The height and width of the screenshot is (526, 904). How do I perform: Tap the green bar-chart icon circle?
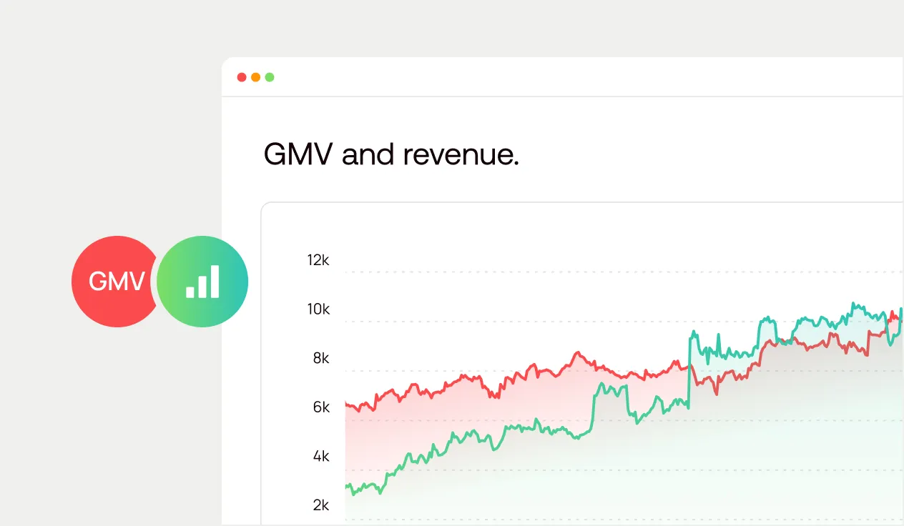tap(202, 282)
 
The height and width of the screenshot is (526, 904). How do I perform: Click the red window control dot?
tap(242, 77)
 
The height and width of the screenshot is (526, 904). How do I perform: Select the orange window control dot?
tap(255, 77)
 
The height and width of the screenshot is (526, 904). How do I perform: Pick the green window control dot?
tap(270, 77)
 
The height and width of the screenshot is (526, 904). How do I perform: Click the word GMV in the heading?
tap(299, 154)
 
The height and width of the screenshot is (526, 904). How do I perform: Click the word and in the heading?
tap(368, 154)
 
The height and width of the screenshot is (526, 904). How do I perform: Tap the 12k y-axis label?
tap(318, 260)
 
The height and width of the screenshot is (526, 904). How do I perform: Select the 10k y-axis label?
tap(318, 309)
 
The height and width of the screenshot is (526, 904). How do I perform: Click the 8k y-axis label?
tap(321, 358)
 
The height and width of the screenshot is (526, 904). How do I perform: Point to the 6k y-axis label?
tap(321, 407)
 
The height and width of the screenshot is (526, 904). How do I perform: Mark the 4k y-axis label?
tap(321, 456)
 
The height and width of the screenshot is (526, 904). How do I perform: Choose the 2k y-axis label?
tap(321, 505)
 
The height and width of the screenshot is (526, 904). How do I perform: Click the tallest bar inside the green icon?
tap(215, 281)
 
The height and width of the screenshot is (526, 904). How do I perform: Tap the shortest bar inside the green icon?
tap(190, 292)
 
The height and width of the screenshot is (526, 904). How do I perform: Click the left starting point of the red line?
tap(346, 405)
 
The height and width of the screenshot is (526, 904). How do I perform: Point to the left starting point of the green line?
tap(346, 487)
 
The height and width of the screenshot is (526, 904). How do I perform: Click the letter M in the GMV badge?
tap(117, 282)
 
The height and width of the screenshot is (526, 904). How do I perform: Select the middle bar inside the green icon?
tap(202, 286)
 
